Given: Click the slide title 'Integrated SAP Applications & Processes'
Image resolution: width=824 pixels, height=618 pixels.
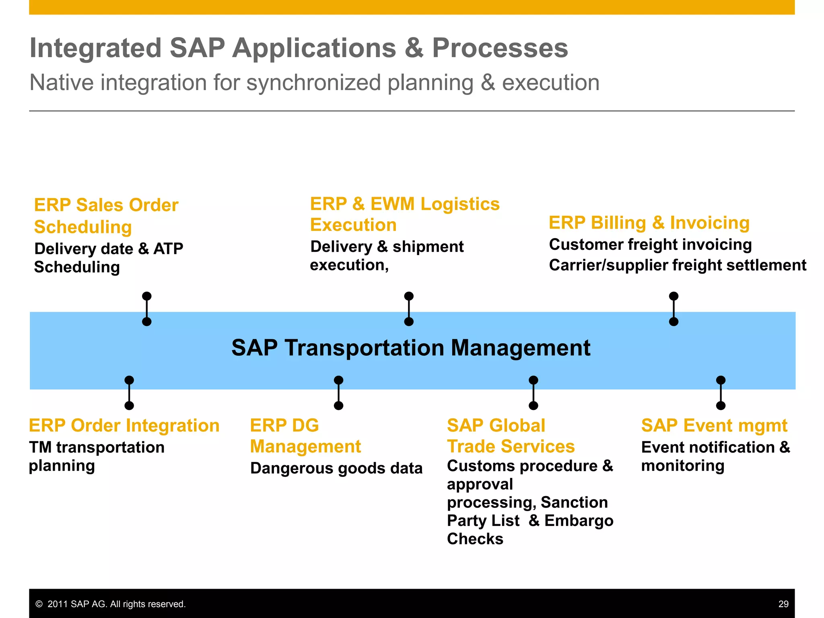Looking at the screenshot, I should click(299, 48).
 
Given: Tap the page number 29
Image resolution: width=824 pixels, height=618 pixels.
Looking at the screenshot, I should click(783, 604).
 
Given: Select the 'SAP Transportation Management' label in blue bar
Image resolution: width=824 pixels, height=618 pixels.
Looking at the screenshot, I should click(411, 348).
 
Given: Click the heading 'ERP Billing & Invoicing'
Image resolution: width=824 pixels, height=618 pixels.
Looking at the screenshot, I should click(649, 223).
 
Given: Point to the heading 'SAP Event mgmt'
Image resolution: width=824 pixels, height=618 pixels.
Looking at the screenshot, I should click(714, 426).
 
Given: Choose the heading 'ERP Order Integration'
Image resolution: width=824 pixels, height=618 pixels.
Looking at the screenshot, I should click(124, 426).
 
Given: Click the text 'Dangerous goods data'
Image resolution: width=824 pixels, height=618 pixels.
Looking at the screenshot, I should click(336, 468).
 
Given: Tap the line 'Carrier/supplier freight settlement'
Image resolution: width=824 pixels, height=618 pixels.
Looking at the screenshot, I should click(678, 266).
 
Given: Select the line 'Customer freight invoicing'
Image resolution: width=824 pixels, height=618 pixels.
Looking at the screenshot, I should click(650, 245).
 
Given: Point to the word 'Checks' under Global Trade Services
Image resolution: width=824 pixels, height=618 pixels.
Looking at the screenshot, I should click(475, 539).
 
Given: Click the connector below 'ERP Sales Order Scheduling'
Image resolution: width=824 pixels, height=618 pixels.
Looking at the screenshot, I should click(147, 309).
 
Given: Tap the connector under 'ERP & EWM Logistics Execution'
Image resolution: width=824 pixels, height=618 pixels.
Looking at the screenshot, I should click(409, 309).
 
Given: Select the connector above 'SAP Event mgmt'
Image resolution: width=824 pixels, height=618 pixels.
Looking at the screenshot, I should click(721, 393).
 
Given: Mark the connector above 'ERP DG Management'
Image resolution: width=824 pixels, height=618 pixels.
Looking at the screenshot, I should click(339, 393).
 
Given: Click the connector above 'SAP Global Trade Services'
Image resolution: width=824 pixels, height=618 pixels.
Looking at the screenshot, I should click(534, 393).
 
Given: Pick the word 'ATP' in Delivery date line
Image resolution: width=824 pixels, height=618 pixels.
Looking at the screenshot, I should click(168, 249).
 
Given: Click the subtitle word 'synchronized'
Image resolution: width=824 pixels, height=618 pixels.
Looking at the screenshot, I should click(313, 83).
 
